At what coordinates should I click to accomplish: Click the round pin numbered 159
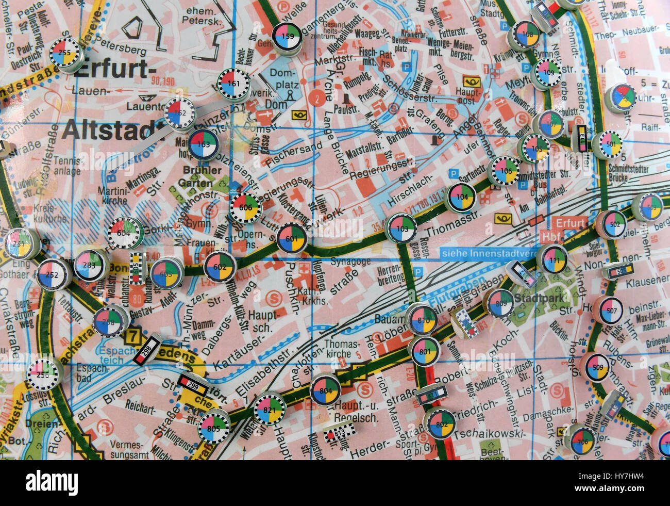287,36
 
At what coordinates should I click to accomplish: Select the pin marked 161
233,84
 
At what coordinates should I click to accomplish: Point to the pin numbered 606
246,207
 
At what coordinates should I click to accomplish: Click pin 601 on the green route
292,239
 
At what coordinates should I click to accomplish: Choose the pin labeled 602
220,267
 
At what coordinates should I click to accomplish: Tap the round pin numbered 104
460,197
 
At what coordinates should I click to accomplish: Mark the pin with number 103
401,228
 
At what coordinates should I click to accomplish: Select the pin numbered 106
503,171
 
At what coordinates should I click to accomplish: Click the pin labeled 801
424,351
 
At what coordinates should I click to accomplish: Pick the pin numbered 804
325,390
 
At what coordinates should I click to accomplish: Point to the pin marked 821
270,408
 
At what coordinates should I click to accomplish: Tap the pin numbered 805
213,427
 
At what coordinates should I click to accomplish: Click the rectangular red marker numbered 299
193,385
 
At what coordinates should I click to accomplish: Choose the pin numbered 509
597,367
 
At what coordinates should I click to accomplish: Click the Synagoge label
350,262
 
